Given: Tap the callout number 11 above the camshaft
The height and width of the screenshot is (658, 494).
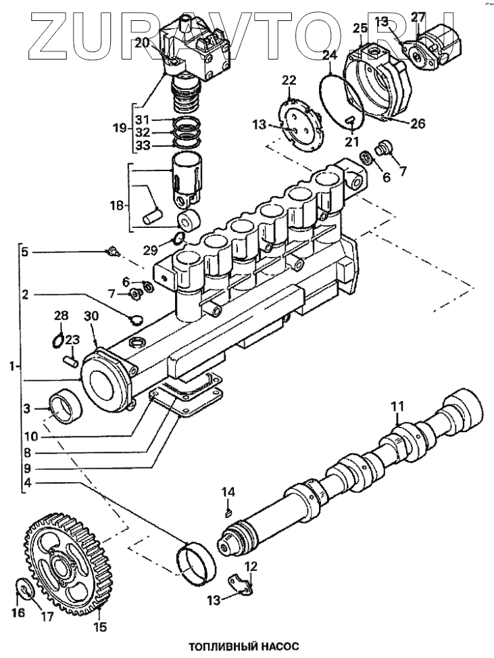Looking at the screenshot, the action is point(397,406).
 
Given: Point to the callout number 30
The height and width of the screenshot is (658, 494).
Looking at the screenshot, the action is point(91,316).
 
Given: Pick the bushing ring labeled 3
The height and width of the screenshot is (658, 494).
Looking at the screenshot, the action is point(65,406).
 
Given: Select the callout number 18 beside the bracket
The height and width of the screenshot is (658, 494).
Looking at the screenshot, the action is point(118,206).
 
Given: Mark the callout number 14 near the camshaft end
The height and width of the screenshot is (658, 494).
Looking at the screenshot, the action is point(228,492).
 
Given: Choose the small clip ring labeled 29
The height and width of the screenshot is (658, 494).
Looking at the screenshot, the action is point(178,239).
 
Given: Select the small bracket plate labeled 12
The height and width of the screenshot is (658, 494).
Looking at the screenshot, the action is point(240,584).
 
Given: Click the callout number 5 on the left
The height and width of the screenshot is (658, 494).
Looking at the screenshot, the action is point(25,252).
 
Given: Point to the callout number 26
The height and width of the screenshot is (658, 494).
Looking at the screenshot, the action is point(418,123).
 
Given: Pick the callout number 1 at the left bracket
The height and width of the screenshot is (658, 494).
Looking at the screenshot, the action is point(13,366).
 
